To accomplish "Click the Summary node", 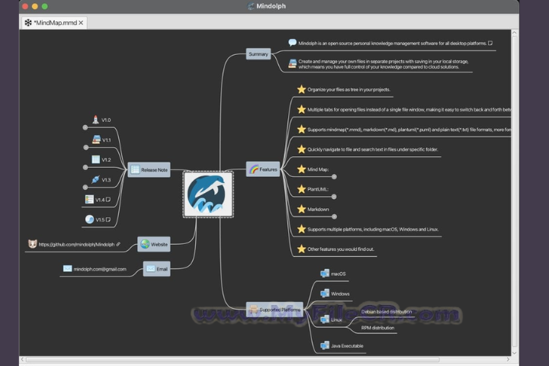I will coord(258,54).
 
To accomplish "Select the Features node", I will coord(264,169).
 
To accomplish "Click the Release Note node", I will coord(149,169).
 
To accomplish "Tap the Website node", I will coord(154,245).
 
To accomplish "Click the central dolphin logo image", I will coord(209,194).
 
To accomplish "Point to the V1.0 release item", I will coord(106,120).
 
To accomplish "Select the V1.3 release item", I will coord(106,180).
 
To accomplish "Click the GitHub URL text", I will coord(76,245).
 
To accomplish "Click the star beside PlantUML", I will coord(301,188).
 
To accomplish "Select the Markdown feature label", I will coord(318,209).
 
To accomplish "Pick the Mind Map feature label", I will coord(319,169).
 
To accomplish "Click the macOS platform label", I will coord(339,273).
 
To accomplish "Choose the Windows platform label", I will coord(340,293).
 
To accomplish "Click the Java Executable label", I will coord(347,345).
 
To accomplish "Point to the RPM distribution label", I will coord(377,328).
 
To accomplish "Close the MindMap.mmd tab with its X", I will coord(81,23).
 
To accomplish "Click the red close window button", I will coord(24,6).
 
